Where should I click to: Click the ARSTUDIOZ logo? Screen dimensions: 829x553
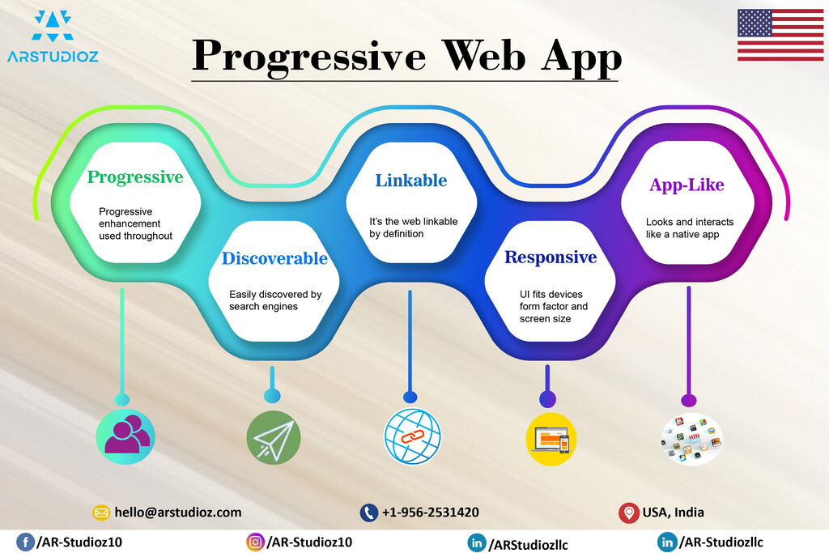tap(53, 36)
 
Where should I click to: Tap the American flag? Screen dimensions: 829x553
tap(780, 35)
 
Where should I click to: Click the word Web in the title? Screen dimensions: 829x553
tap(484, 56)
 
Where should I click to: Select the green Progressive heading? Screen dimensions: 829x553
tap(135, 177)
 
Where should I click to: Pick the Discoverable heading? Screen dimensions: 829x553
tap(274, 258)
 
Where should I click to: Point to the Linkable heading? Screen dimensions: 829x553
tap(410, 181)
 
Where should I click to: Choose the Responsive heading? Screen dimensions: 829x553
tap(551, 257)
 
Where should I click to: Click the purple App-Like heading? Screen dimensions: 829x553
tap(687, 185)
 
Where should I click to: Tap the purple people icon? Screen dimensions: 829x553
tap(125, 436)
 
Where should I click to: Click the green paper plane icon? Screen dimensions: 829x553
tap(274, 438)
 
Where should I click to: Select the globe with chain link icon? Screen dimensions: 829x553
tap(412, 436)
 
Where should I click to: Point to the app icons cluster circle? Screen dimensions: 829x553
tap(691, 440)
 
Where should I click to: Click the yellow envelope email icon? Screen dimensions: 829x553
tap(101, 513)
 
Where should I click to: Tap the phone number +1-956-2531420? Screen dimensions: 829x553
tap(431, 513)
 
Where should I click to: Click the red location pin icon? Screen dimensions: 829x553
tap(628, 513)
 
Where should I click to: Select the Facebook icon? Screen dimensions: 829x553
tap(25, 542)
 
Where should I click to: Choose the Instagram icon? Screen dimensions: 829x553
tap(255, 542)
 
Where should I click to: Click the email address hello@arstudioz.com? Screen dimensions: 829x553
tap(177, 513)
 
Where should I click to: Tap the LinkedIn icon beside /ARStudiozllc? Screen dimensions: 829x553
tap(477, 543)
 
